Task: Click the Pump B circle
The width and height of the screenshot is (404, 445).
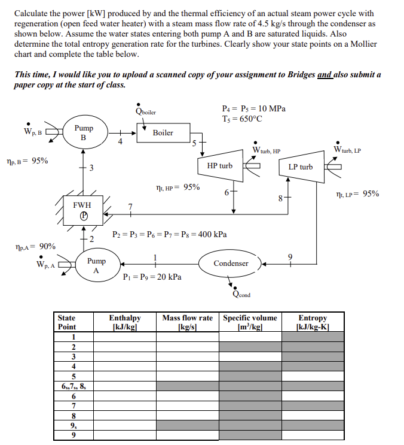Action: click(x=83, y=132)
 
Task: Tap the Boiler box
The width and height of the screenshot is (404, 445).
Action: click(x=163, y=133)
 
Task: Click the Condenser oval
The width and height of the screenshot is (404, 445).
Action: click(x=231, y=264)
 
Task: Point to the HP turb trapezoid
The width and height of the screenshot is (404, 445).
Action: click(x=220, y=166)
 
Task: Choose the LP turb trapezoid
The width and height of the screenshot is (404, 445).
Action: click(x=301, y=167)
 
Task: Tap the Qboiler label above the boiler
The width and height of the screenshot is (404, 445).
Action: click(x=146, y=111)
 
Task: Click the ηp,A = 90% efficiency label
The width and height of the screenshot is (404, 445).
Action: click(x=35, y=246)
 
